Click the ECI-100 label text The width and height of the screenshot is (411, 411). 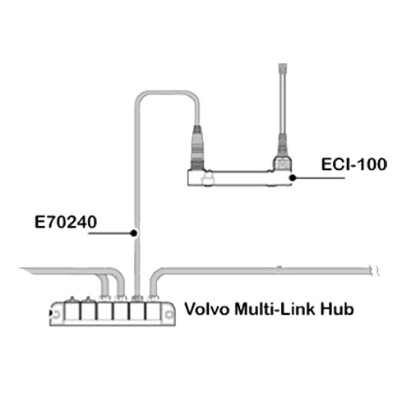click(x=353, y=165)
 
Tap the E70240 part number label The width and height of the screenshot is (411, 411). click(x=66, y=222)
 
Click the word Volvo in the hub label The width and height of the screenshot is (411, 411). click(x=207, y=309)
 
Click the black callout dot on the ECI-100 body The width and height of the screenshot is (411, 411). click(x=293, y=178)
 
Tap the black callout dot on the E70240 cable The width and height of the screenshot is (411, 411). click(x=134, y=233)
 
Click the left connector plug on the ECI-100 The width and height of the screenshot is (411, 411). click(x=197, y=148)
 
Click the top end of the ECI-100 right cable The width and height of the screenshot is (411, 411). click(x=283, y=65)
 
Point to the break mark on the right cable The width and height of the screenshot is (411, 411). click(x=375, y=270)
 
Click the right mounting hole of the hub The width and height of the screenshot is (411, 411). click(x=169, y=315)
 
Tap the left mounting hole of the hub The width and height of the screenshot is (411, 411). click(x=55, y=314)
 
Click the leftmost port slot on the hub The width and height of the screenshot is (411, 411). click(x=72, y=311)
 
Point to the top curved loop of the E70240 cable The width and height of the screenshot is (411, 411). click(x=167, y=94)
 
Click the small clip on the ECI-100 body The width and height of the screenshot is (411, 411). click(x=207, y=180)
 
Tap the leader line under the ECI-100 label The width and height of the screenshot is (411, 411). click(x=319, y=178)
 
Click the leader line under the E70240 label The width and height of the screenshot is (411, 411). click(x=111, y=233)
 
